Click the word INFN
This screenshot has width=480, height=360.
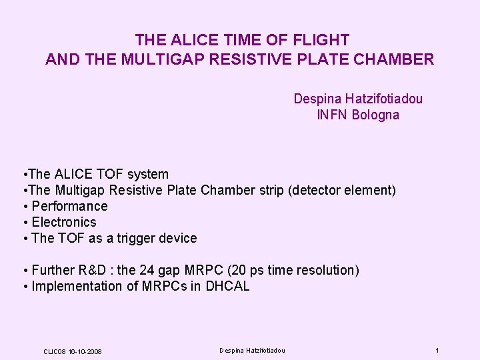[331, 115]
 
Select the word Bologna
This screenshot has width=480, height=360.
[375, 115]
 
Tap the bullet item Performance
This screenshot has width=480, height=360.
[69, 206]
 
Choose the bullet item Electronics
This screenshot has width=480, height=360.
[64, 222]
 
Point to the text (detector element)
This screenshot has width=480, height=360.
[342, 190]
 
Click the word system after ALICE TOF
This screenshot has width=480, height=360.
[147, 174]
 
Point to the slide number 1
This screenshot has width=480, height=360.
[437, 351]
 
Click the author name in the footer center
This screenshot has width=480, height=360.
[253, 351]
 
